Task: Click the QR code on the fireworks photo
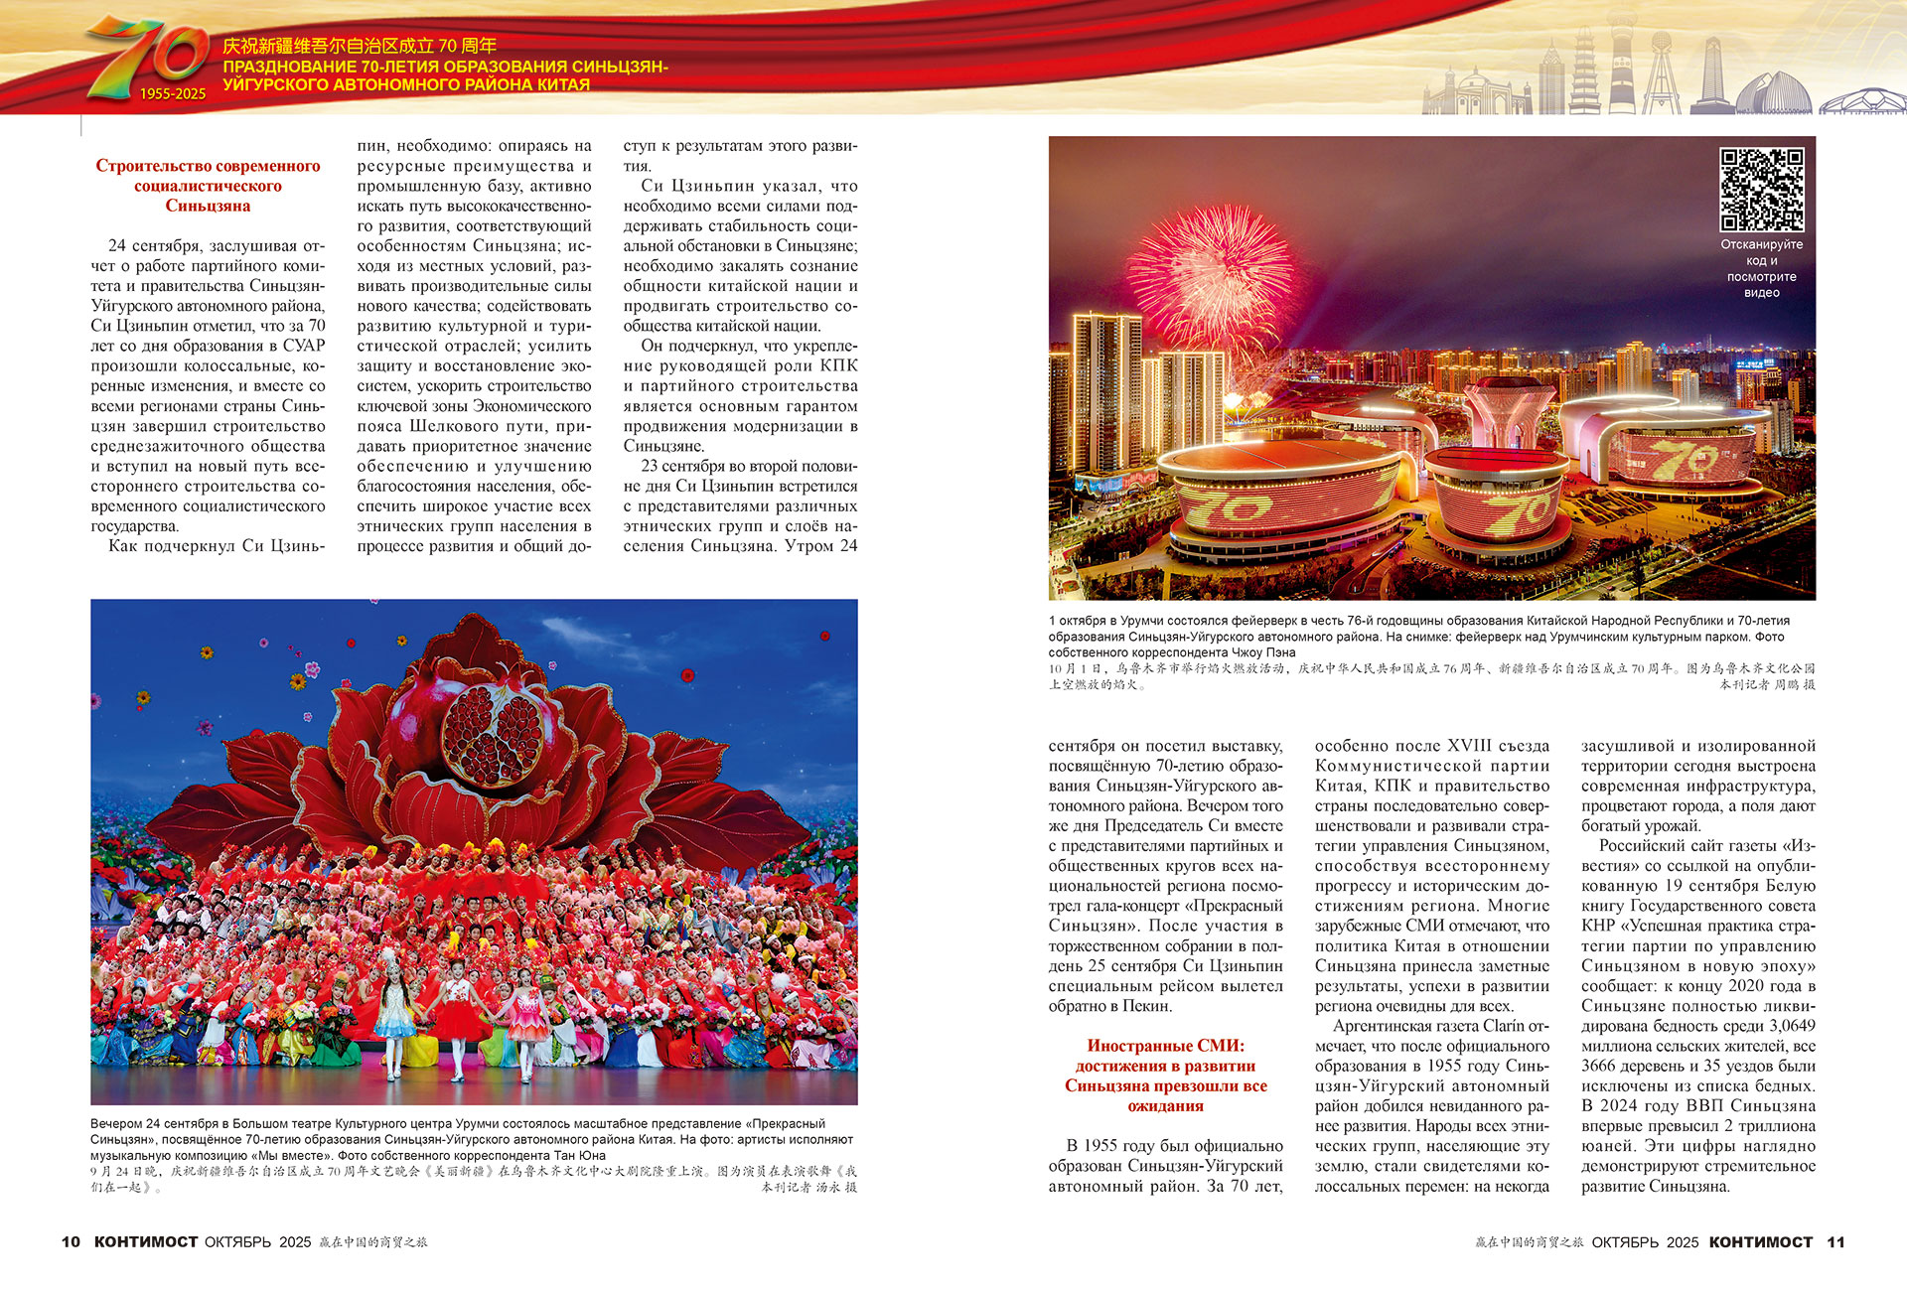pyautogui.click(x=1761, y=190)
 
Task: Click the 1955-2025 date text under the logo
pyautogui.click(x=173, y=94)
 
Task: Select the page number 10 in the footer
pyautogui.click(x=71, y=1242)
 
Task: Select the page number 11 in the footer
pyautogui.click(x=1835, y=1242)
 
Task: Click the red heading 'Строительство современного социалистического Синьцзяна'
pyautogui.click(x=208, y=186)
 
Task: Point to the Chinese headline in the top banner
pyautogui.click(x=360, y=46)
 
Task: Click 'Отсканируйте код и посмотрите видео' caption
pyautogui.click(x=1761, y=268)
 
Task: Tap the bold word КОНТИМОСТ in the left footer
pyautogui.click(x=146, y=1242)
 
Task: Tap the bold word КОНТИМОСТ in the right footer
pyautogui.click(x=1760, y=1242)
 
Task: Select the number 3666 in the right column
pyautogui.click(x=1600, y=1067)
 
